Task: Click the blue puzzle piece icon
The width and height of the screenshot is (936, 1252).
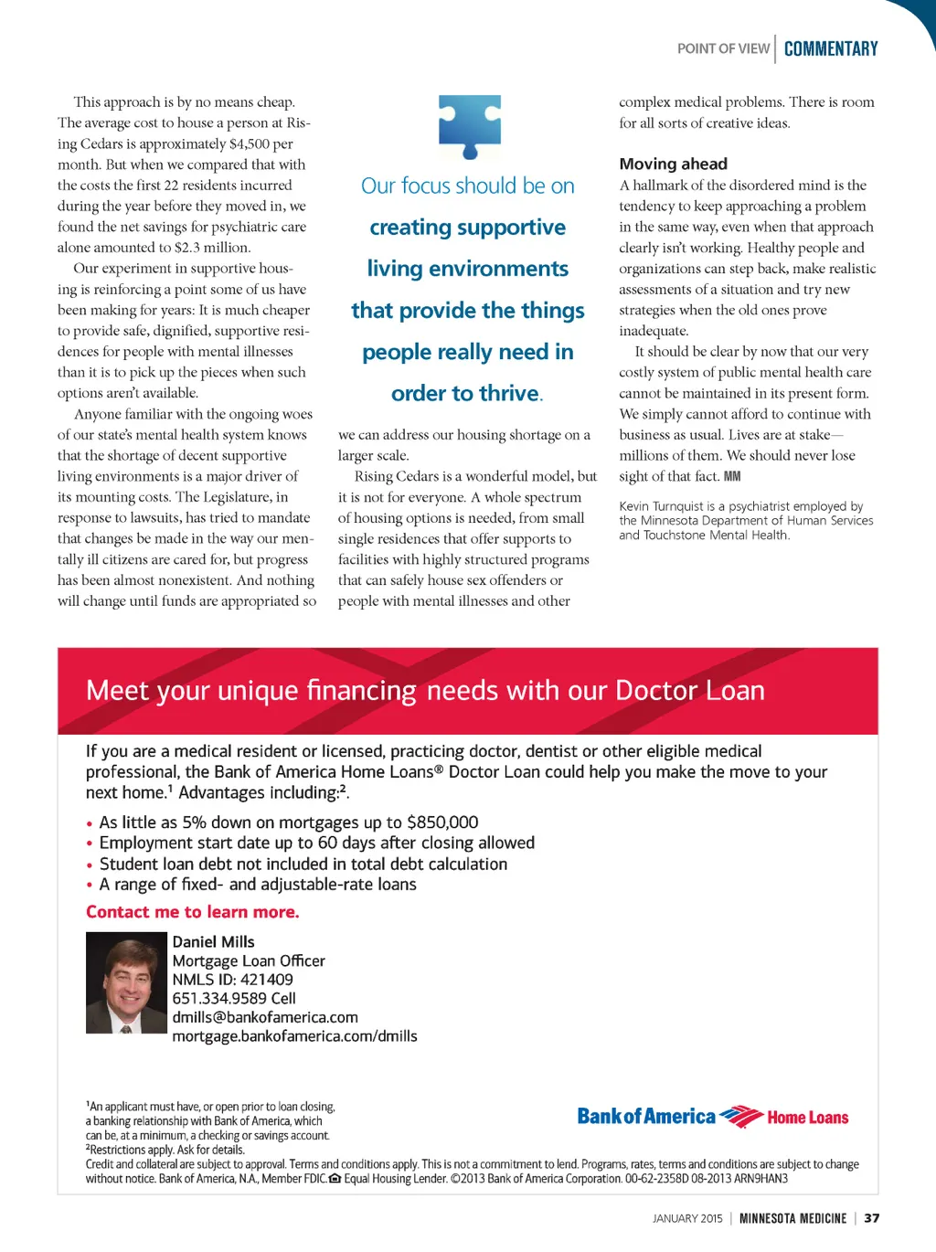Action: [469, 126]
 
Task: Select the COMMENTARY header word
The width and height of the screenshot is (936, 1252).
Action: [830, 49]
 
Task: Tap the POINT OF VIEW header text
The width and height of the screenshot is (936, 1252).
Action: [723, 49]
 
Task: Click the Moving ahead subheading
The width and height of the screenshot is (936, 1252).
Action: [673, 164]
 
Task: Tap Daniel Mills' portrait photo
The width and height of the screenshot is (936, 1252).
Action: [126, 982]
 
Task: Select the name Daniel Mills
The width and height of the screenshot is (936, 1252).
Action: [213, 942]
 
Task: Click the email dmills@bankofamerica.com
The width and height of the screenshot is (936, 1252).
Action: [265, 1018]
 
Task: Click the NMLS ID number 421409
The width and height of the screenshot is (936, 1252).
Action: [266, 980]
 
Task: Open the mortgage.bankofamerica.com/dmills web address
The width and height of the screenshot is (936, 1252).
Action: [294, 1036]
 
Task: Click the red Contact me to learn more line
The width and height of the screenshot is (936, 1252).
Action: [192, 912]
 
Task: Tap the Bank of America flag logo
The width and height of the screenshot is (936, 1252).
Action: [740, 1117]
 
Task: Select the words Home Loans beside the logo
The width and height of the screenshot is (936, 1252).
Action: [807, 1118]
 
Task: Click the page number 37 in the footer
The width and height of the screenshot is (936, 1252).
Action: [871, 1218]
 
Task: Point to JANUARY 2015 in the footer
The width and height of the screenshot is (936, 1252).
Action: [686, 1218]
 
